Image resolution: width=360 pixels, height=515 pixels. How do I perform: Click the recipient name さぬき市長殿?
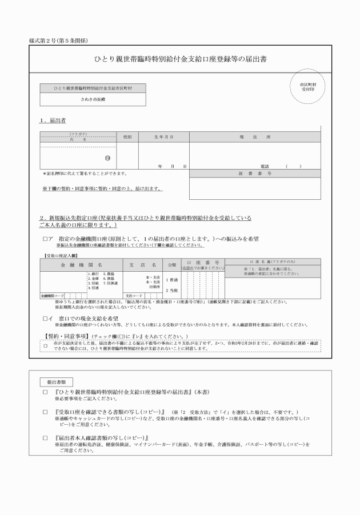click(92, 99)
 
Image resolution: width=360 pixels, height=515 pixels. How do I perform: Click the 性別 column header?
click(126, 137)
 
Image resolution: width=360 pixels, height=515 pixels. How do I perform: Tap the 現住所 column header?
click(254, 137)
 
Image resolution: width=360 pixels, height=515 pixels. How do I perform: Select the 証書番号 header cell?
click(254, 173)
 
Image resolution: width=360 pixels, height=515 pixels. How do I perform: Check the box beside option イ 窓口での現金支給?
click(45, 317)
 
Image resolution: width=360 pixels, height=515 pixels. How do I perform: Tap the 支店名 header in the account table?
click(143, 265)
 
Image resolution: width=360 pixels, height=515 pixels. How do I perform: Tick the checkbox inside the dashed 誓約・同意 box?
click(46, 345)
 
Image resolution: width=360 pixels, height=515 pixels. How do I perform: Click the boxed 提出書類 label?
click(57, 381)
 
